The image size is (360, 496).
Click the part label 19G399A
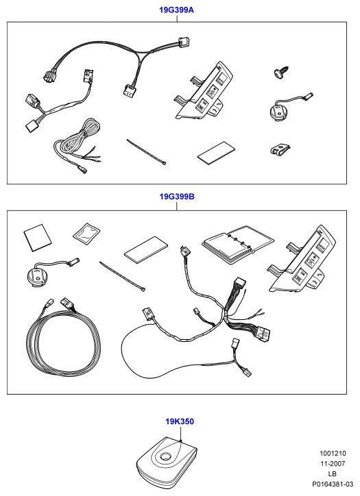pyautogui.click(x=176, y=10)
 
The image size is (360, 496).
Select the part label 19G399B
pyautogui.click(x=177, y=197)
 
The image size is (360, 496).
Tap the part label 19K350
pyautogui.click(x=180, y=421)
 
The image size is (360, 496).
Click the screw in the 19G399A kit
pyautogui.click(x=281, y=72)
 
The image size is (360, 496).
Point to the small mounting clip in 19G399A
pyautogui.click(x=280, y=149)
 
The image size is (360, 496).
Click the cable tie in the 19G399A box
pyautogui.click(x=146, y=151)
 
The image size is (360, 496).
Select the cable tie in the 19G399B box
pyautogui.click(x=122, y=276)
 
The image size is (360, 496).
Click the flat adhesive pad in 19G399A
pyautogui.click(x=217, y=153)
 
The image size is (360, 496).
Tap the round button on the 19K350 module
pyautogui.click(x=165, y=456)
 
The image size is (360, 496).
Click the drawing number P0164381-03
pyautogui.click(x=333, y=484)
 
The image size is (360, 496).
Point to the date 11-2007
pyautogui.click(x=333, y=463)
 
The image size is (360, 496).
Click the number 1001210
pyautogui.click(x=333, y=454)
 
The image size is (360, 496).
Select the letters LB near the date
pyautogui.click(x=333, y=474)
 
